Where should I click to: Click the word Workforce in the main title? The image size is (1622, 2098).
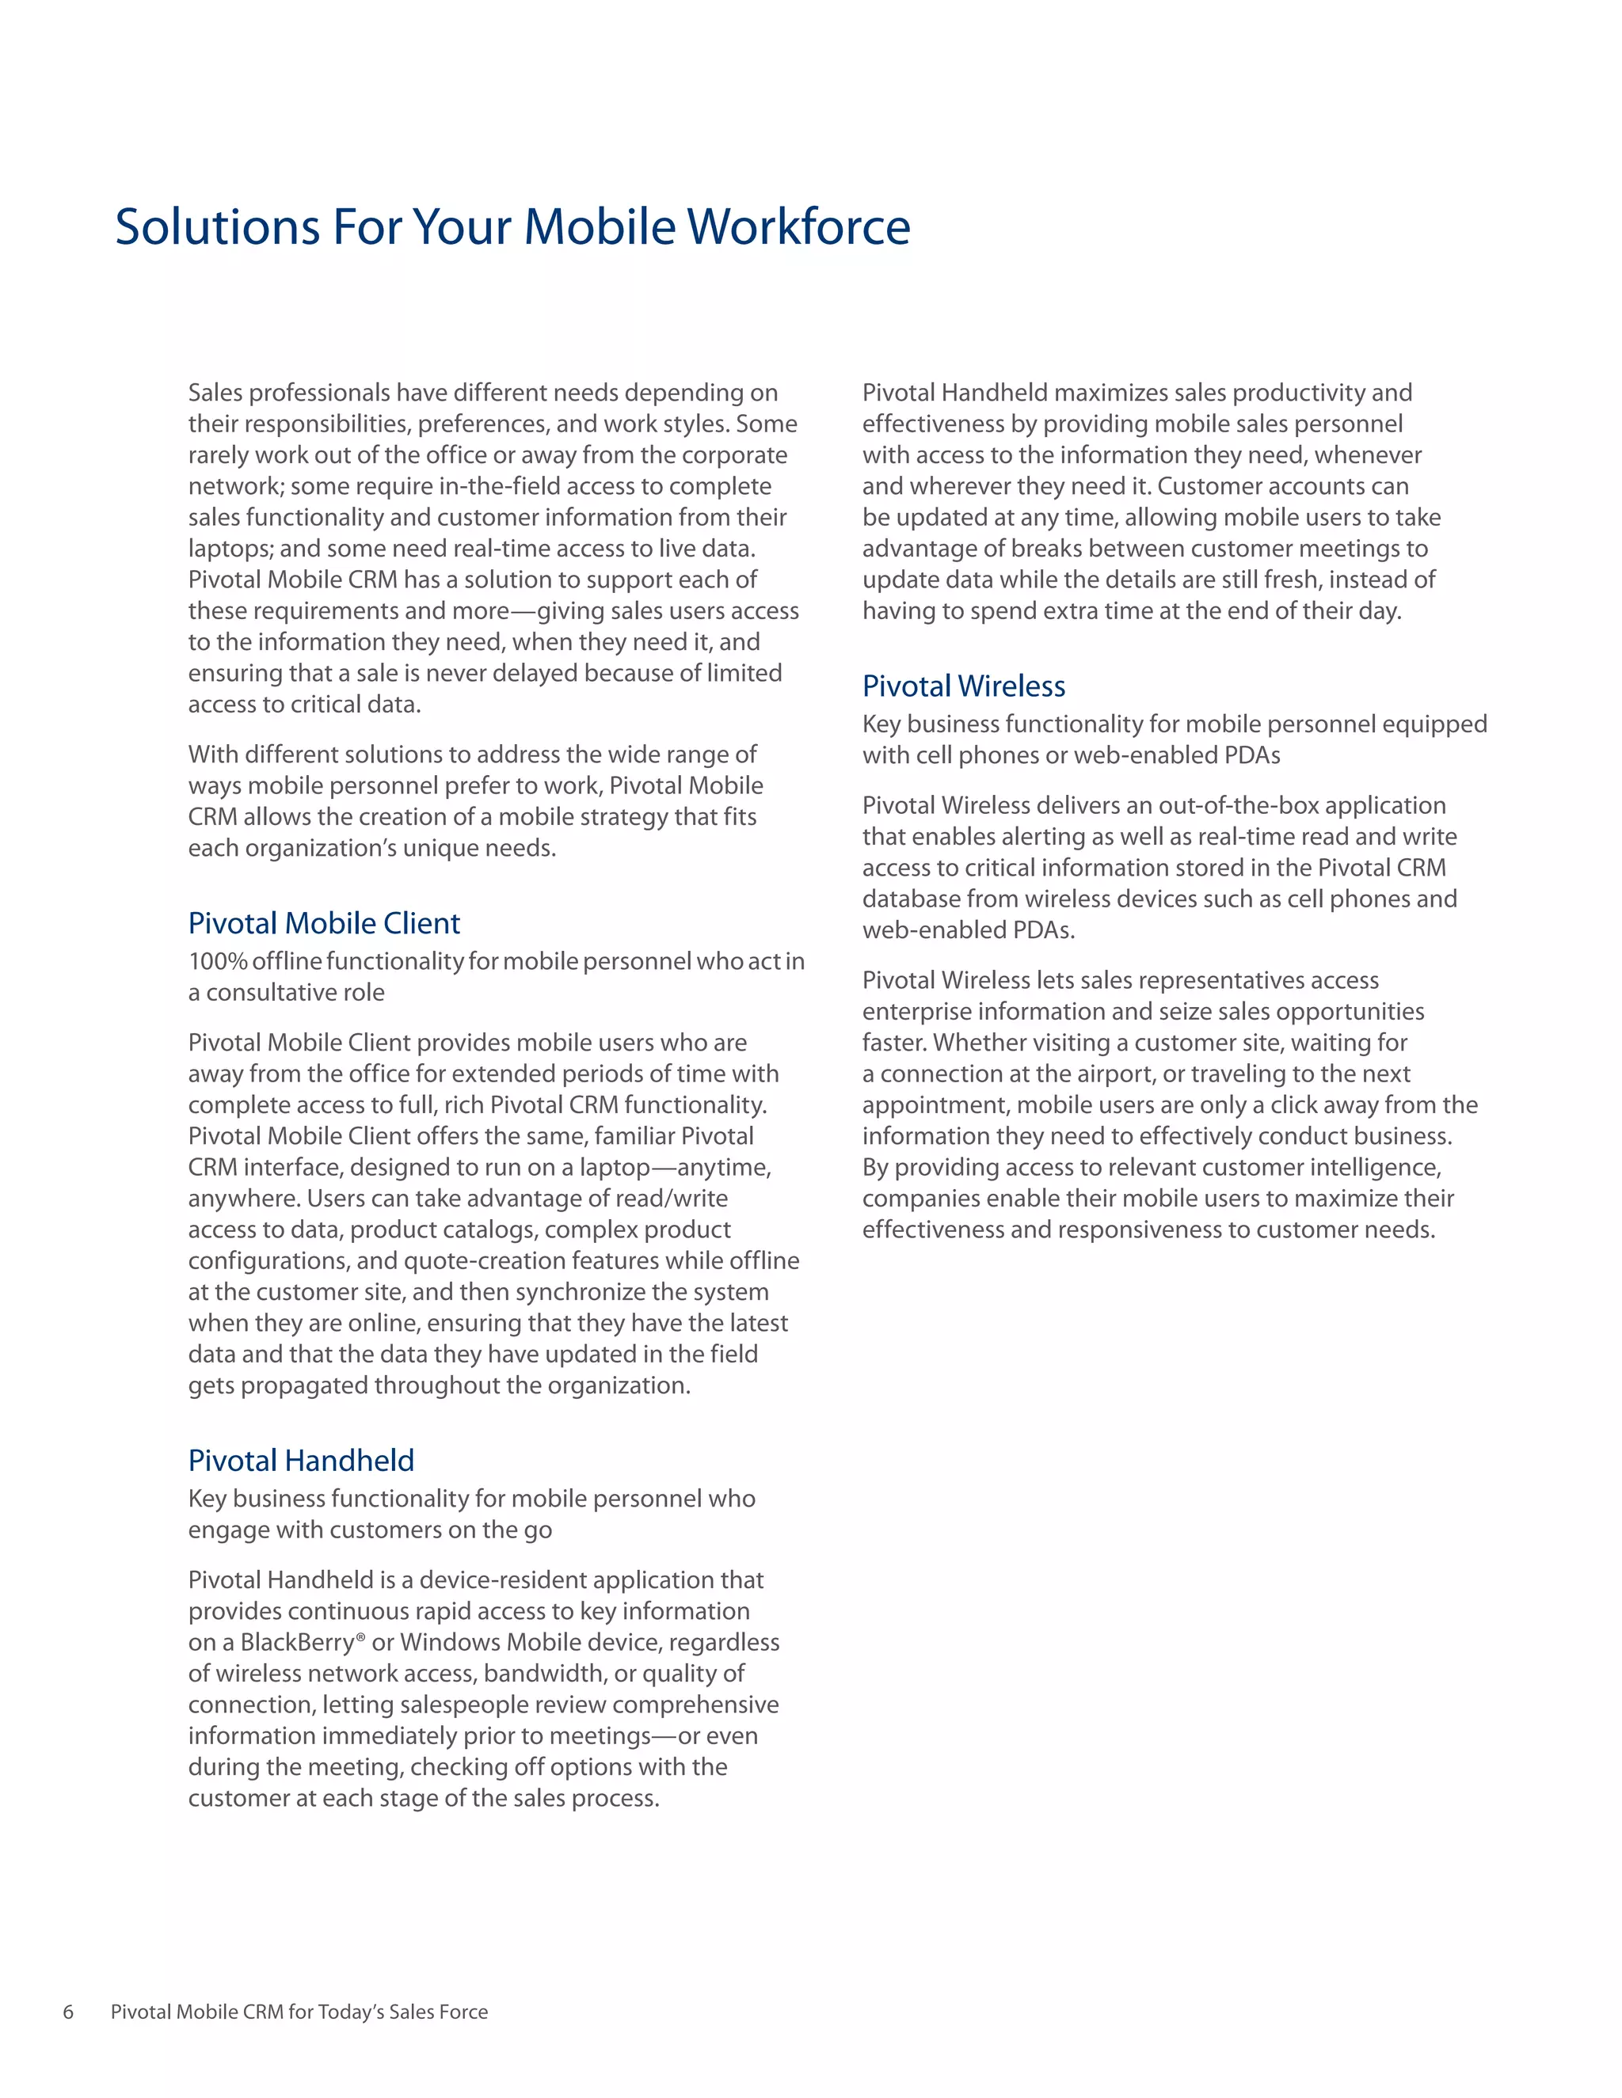point(798,228)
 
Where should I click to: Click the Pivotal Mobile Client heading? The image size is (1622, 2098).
point(324,923)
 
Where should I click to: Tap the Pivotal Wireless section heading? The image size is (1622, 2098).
point(963,686)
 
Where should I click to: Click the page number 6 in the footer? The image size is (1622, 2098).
point(68,2012)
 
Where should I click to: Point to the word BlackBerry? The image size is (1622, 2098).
point(297,1643)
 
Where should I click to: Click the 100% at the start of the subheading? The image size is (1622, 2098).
point(217,962)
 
